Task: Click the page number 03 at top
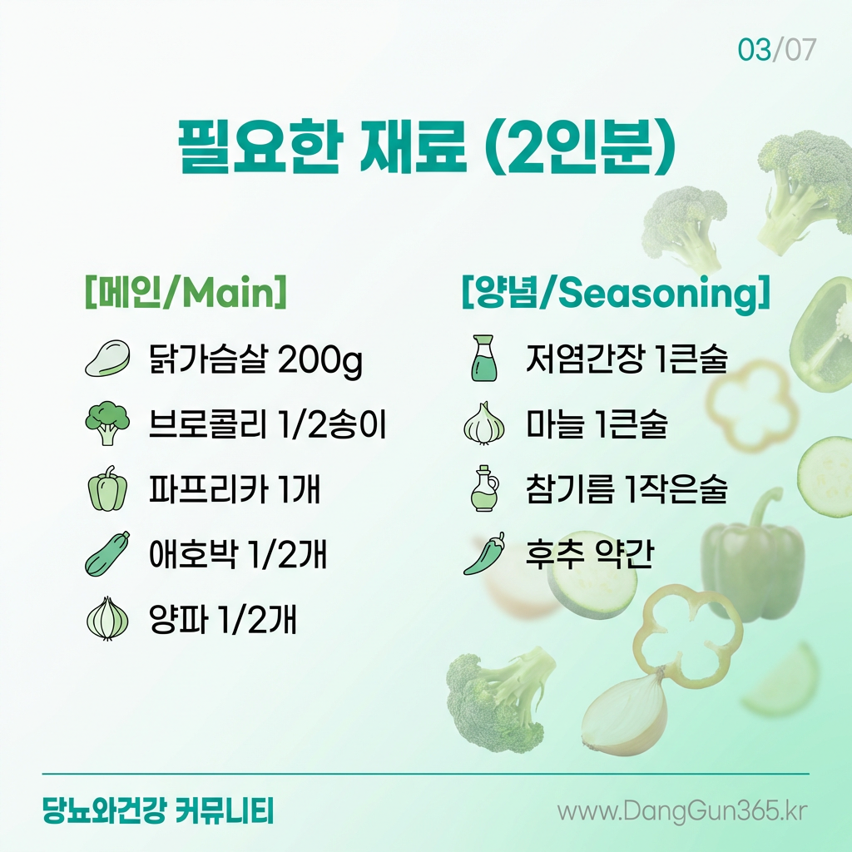754,50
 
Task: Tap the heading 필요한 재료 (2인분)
427,147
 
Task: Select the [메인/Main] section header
186,292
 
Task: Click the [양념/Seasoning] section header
616,293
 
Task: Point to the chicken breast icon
107,358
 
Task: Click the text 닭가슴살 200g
255,359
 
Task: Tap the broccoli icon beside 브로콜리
107,424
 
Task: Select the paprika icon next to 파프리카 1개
107,488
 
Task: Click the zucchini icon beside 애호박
107,553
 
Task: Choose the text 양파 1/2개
223,619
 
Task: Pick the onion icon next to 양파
107,619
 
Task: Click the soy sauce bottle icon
483,358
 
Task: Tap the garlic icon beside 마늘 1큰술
483,424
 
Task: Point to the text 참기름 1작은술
627,488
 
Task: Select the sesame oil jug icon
483,488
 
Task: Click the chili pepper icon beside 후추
483,553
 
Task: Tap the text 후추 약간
589,553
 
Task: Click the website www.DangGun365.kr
682,811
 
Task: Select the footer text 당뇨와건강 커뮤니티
157,810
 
